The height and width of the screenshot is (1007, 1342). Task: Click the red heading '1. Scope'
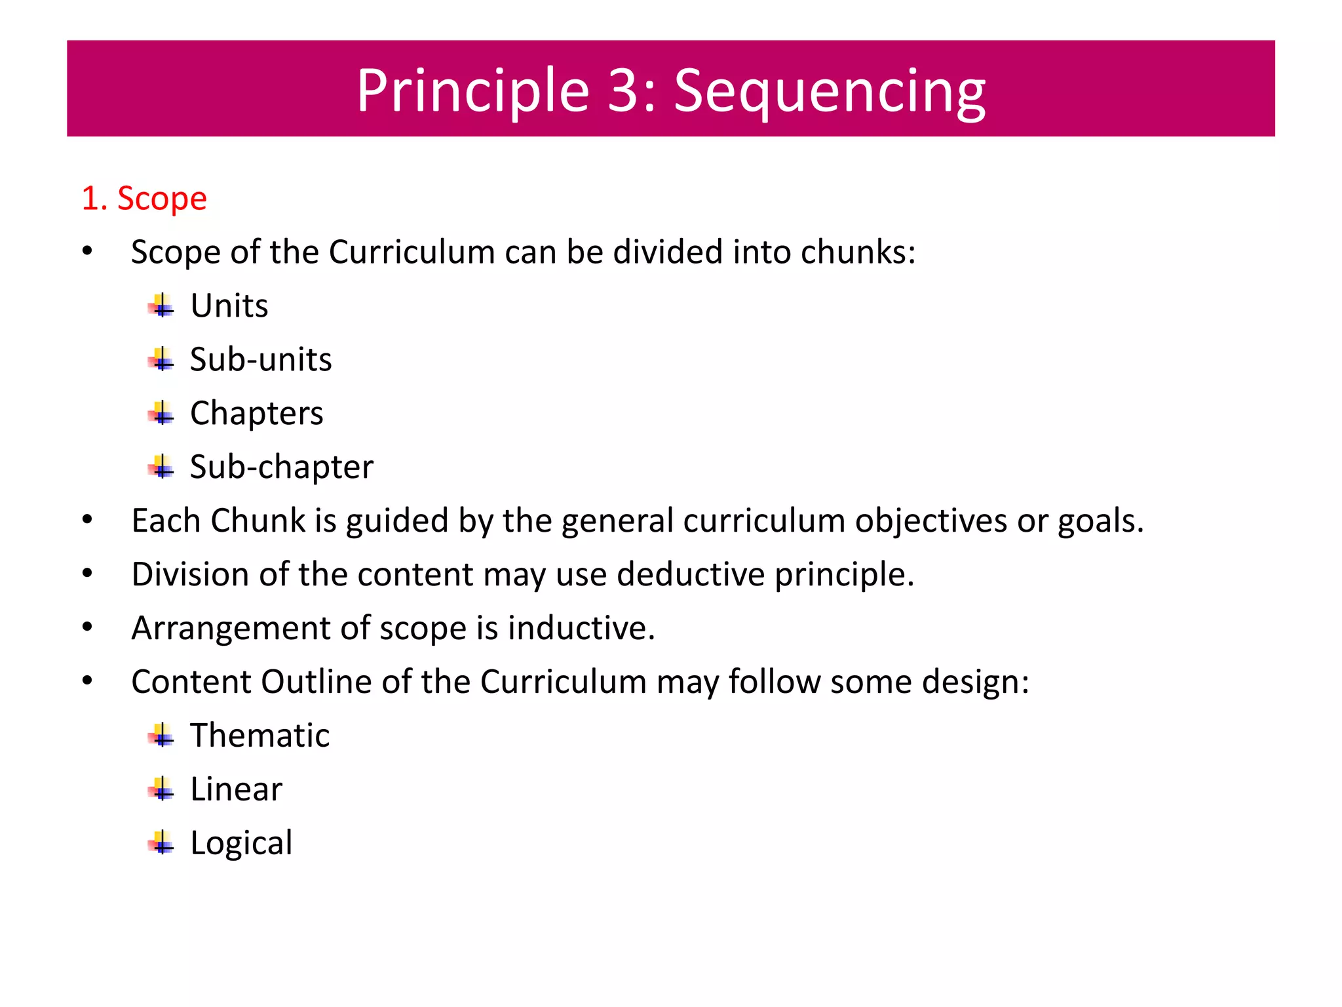(144, 198)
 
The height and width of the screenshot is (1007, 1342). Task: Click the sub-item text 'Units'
(229, 306)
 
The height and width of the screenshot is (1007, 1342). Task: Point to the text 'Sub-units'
(261, 359)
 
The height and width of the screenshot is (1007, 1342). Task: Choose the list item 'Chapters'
(257, 413)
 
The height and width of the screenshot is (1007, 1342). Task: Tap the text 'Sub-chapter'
(282, 467)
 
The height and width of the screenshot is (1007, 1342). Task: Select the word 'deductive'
(691, 574)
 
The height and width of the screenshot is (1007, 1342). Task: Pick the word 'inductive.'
(581, 628)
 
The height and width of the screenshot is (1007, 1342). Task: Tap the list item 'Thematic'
(260, 736)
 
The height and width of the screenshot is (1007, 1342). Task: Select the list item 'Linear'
(237, 789)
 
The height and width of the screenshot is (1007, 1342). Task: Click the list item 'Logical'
(241, 843)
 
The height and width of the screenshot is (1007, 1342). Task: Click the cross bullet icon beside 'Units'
(161, 306)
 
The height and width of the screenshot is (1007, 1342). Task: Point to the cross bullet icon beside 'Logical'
(161, 843)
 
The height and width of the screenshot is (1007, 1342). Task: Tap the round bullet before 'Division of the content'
(88, 574)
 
